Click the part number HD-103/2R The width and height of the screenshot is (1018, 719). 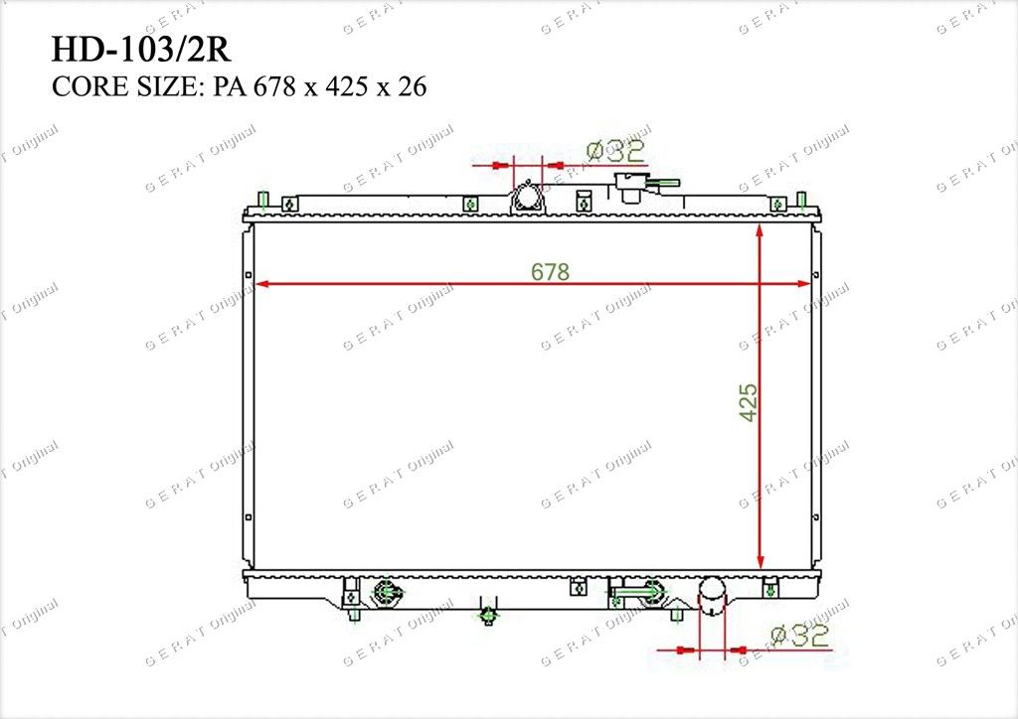click(x=141, y=50)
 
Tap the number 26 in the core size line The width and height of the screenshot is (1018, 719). click(x=412, y=86)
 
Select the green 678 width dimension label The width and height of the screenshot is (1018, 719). click(x=550, y=272)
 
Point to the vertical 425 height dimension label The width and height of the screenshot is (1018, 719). click(x=749, y=402)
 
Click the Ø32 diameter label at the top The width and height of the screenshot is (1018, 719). click(x=615, y=151)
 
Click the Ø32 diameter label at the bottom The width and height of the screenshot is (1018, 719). click(x=800, y=636)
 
